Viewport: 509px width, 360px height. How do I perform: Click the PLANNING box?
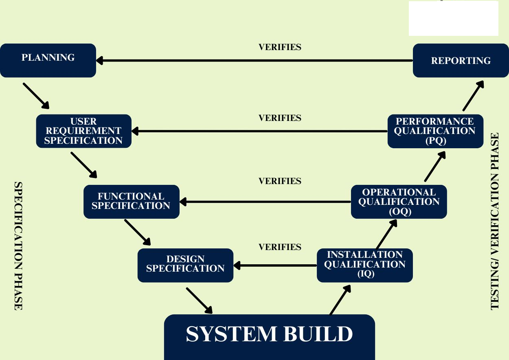click(48, 60)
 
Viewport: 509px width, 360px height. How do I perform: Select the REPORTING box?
click(461, 60)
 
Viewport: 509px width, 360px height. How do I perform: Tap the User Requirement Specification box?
click(83, 131)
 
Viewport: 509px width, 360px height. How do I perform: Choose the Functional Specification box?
click(131, 202)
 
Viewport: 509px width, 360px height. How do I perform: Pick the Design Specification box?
click(185, 265)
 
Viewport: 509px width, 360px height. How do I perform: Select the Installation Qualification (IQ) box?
click(364, 265)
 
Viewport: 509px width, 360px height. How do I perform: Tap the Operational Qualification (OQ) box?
click(399, 202)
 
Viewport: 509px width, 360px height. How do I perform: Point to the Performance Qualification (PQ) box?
click(435, 131)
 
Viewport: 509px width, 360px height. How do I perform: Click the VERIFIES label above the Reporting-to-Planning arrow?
click(280, 47)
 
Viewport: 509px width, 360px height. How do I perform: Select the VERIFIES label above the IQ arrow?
click(280, 247)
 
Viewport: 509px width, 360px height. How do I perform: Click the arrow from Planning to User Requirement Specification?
click(36, 96)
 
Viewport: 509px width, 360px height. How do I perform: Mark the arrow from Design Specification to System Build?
click(199, 301)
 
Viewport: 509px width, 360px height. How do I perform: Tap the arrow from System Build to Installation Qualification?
click(340, 300)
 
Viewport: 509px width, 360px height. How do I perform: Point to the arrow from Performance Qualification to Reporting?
click(473, 96)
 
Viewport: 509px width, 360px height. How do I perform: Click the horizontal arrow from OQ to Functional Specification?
click(265, 202)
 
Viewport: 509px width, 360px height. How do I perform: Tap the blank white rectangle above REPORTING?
click(453, 18)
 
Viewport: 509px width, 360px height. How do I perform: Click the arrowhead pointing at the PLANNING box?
click(100, 61)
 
